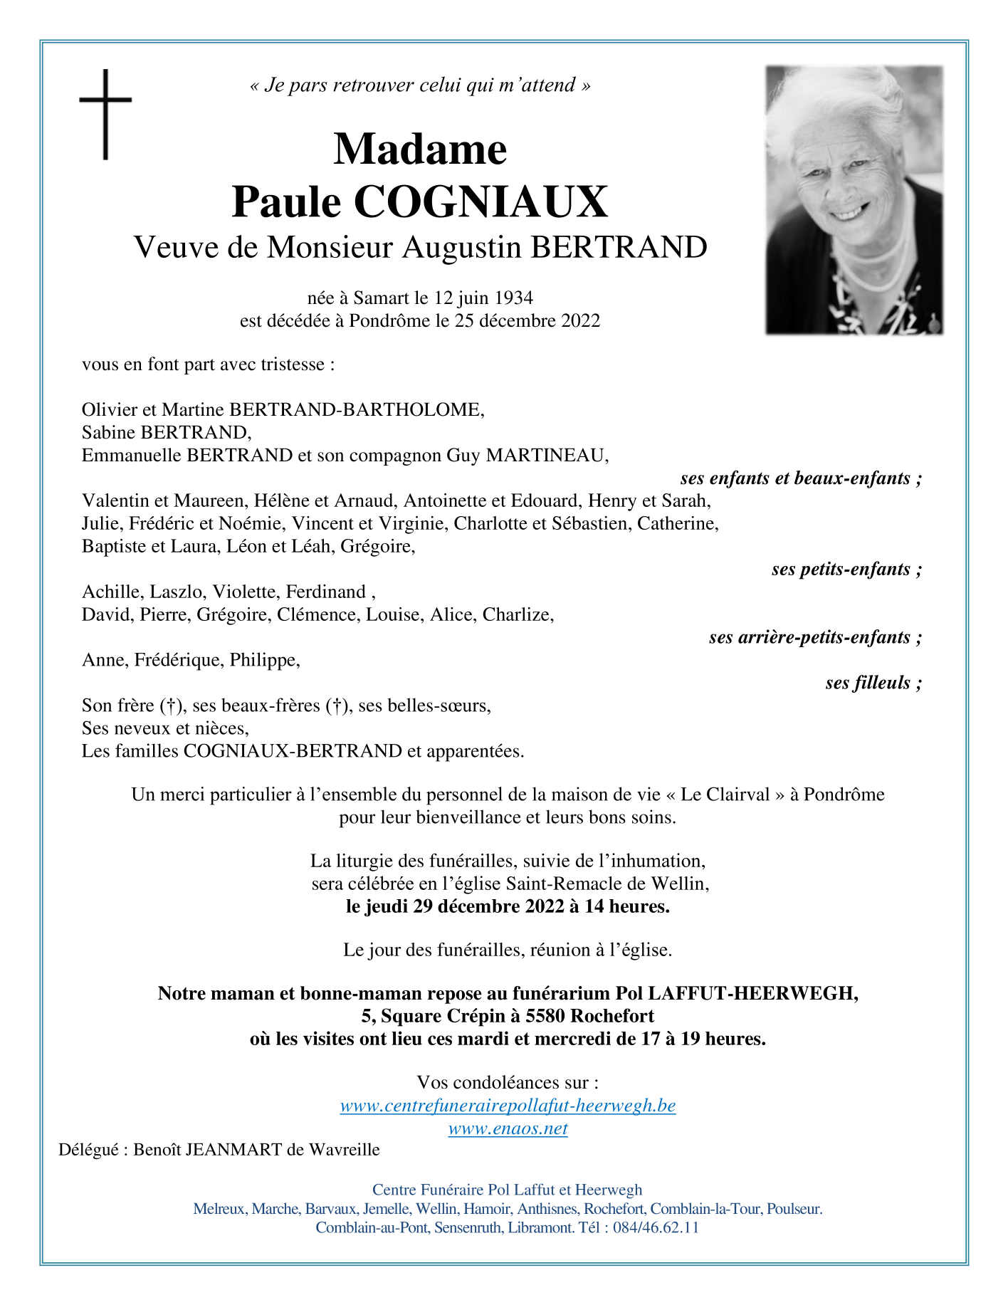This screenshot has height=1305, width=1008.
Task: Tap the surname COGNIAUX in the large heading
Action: pos(481,202)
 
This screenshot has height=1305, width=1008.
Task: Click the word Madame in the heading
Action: pos(420,150)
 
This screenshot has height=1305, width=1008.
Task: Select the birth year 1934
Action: pos(514,298)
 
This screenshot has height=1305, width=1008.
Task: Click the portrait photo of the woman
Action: pos(854,200)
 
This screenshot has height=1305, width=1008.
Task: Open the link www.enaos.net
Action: pos(508,1128)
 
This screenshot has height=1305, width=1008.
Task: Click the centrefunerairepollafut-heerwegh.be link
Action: pos(508,1106)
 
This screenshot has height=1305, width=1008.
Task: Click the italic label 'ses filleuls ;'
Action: pos(873,683)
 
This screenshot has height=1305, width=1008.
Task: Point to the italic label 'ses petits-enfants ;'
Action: pos(846,570)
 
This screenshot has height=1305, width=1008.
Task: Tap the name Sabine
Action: pos(109,433)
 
